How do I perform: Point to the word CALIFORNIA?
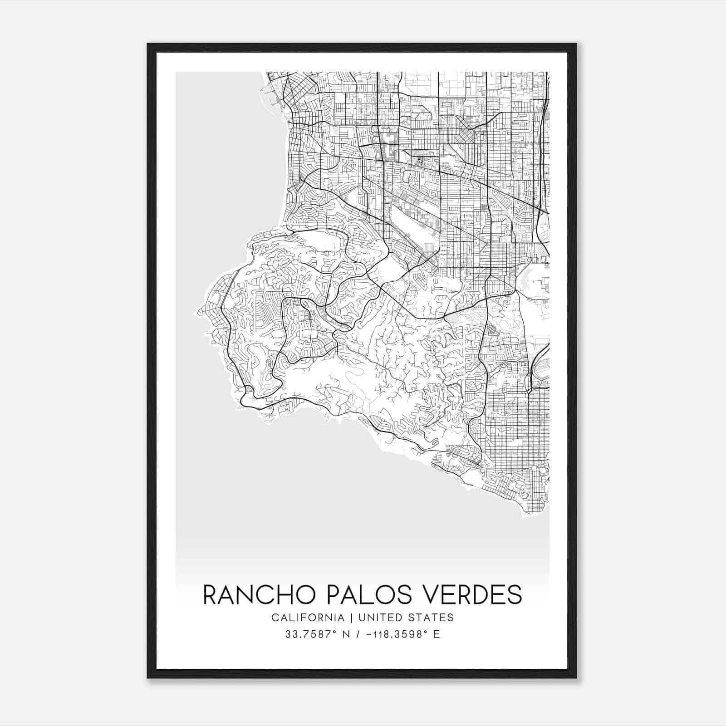coord(308,618)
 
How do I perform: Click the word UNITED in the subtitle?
coord(379,618)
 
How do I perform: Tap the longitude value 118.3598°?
coord(399,634)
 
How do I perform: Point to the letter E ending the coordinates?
coord(437,634)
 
